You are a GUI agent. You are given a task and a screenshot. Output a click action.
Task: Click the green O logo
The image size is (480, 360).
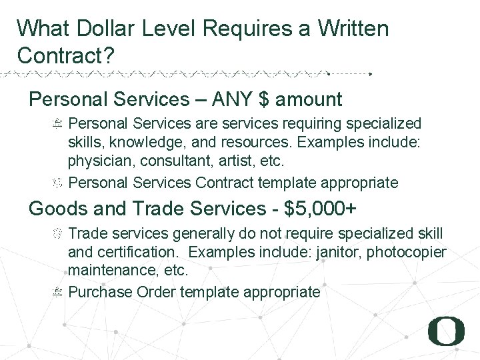[446, 331]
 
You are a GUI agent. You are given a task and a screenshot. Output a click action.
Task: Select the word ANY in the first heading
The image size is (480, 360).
[235, 100]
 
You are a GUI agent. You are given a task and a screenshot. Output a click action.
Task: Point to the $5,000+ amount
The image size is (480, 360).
[321, 209]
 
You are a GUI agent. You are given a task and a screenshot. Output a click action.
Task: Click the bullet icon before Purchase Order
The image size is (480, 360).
[57, 291]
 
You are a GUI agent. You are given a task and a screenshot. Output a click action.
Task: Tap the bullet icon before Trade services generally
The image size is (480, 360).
[57, 233]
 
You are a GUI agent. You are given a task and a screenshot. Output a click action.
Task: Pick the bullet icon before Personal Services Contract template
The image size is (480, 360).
[57, 181]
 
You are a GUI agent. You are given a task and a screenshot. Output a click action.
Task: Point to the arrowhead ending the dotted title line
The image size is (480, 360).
[371, 73]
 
